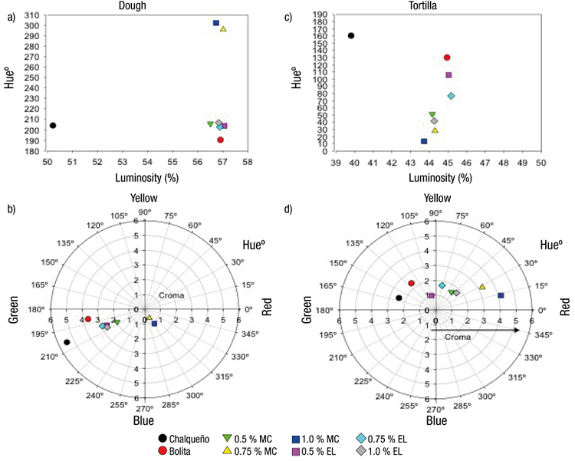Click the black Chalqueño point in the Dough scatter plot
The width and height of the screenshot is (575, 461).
point(53,125)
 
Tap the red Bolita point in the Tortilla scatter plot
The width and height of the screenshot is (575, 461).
point(447,58)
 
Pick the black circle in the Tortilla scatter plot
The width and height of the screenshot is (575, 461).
point(351,35)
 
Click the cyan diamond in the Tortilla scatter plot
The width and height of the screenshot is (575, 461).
point(452,96)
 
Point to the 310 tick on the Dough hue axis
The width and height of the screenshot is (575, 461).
point(34,15)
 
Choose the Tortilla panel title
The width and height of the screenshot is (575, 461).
point(435,5)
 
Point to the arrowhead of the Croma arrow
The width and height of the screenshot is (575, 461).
point(518,331)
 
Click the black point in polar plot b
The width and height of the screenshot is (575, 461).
point(67,342)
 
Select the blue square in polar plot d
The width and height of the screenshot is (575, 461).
point(501,295)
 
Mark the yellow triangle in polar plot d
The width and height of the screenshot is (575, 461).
point(482,287)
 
